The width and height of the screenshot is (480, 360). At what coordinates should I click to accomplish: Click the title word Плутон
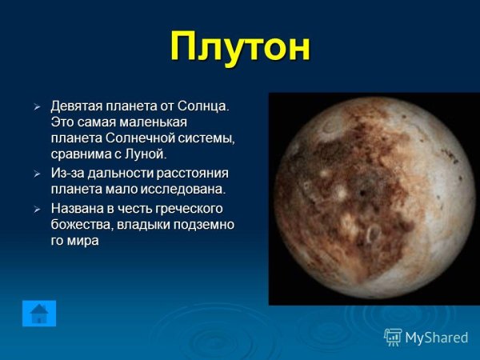tap(239, 46)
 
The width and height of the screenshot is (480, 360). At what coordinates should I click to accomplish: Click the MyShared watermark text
tap(436, 337)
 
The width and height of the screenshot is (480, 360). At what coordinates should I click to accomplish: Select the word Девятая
tap(77, 106)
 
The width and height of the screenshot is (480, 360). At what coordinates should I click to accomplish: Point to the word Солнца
tap(203, 106)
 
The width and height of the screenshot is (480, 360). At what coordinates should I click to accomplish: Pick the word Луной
tap(146, 153)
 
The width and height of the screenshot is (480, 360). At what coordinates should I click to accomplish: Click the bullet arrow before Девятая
tap(36, 106)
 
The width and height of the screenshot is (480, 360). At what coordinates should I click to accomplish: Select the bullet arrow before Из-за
tap(36, 174)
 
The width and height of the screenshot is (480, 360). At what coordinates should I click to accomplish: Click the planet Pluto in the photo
tap(372, 199)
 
